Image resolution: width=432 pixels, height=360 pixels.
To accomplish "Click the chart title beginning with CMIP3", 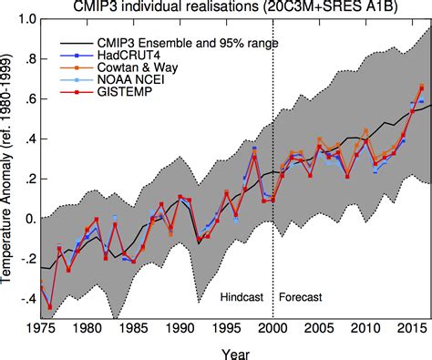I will [x=234, y=8].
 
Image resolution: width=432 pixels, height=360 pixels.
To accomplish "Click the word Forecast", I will [x=302, y=297].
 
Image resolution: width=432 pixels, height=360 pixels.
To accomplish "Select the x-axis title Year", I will [x=234, y=351].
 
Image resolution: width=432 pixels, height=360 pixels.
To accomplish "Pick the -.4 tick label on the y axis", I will [x=25, y=299].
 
